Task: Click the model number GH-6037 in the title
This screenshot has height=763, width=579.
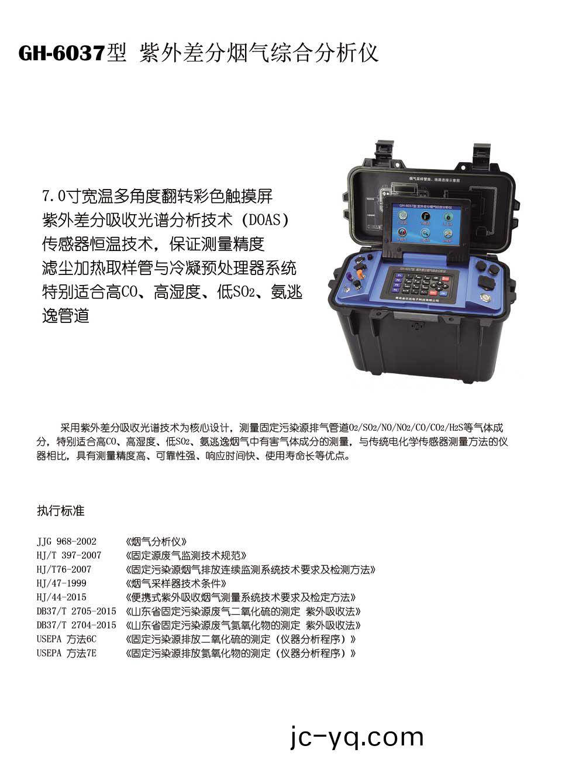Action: pos(61,53)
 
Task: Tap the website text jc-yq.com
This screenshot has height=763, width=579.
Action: pos(357,737)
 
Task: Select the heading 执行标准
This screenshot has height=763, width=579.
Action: pos(61,511)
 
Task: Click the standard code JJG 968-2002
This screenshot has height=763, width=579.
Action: pos(66,541)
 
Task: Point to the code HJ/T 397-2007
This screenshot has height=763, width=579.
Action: pos(68,555)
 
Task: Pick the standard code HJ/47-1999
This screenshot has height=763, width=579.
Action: pos(61,583)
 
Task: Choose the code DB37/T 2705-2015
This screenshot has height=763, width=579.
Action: pos(76,611)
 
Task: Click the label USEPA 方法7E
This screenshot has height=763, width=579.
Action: pos(66,654)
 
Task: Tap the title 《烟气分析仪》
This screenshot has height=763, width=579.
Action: pos(157,541)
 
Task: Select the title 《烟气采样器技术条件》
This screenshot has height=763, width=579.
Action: pos(176,583)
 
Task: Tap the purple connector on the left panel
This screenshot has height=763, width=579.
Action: pos(349,275)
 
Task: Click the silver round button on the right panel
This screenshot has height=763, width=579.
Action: pos(485,297)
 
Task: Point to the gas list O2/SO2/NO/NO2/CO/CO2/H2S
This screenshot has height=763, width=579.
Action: pos(405,428)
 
